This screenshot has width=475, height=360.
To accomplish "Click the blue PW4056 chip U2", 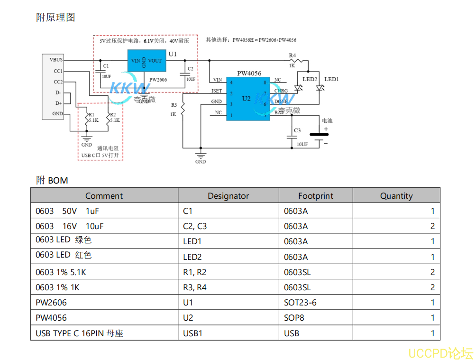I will pyautogui.click(x=246, y=98).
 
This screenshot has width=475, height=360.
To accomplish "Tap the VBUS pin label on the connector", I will pyautogui.click(x=56, y=60).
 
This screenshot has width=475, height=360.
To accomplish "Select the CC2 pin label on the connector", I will pyautogui.click(x=58, y=82).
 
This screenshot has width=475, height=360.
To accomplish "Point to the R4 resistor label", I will pyautogui.click(x=292, y=55).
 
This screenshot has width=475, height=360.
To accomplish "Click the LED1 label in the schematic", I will pyautogui.click(x=331, y=79).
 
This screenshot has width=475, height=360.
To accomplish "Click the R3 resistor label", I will pyautogui.click(x=174, y=105).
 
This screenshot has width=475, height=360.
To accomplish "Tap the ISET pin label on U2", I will pyautogui.click(x=216, y=91).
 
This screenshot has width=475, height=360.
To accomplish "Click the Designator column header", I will pyautogui.click(x=228, y=196).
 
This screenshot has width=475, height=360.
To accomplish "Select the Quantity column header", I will pyautogui.click(x=396, y=196).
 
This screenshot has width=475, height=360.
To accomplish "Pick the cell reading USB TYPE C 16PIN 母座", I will pyautogui.click(x=79, y=333).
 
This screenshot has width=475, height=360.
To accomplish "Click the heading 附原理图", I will pyautogui.click(x=55, y=18).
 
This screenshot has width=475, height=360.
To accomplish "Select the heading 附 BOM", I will pyautogui.click(x=52, y=180).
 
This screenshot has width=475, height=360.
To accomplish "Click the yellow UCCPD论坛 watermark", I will pyautogui.click(x=440, y=353).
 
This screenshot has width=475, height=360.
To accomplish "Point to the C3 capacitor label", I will pyautogui.click(x=297, y=130).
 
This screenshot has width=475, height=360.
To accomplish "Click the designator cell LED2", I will pyautogui.click(x=192, y=257).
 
